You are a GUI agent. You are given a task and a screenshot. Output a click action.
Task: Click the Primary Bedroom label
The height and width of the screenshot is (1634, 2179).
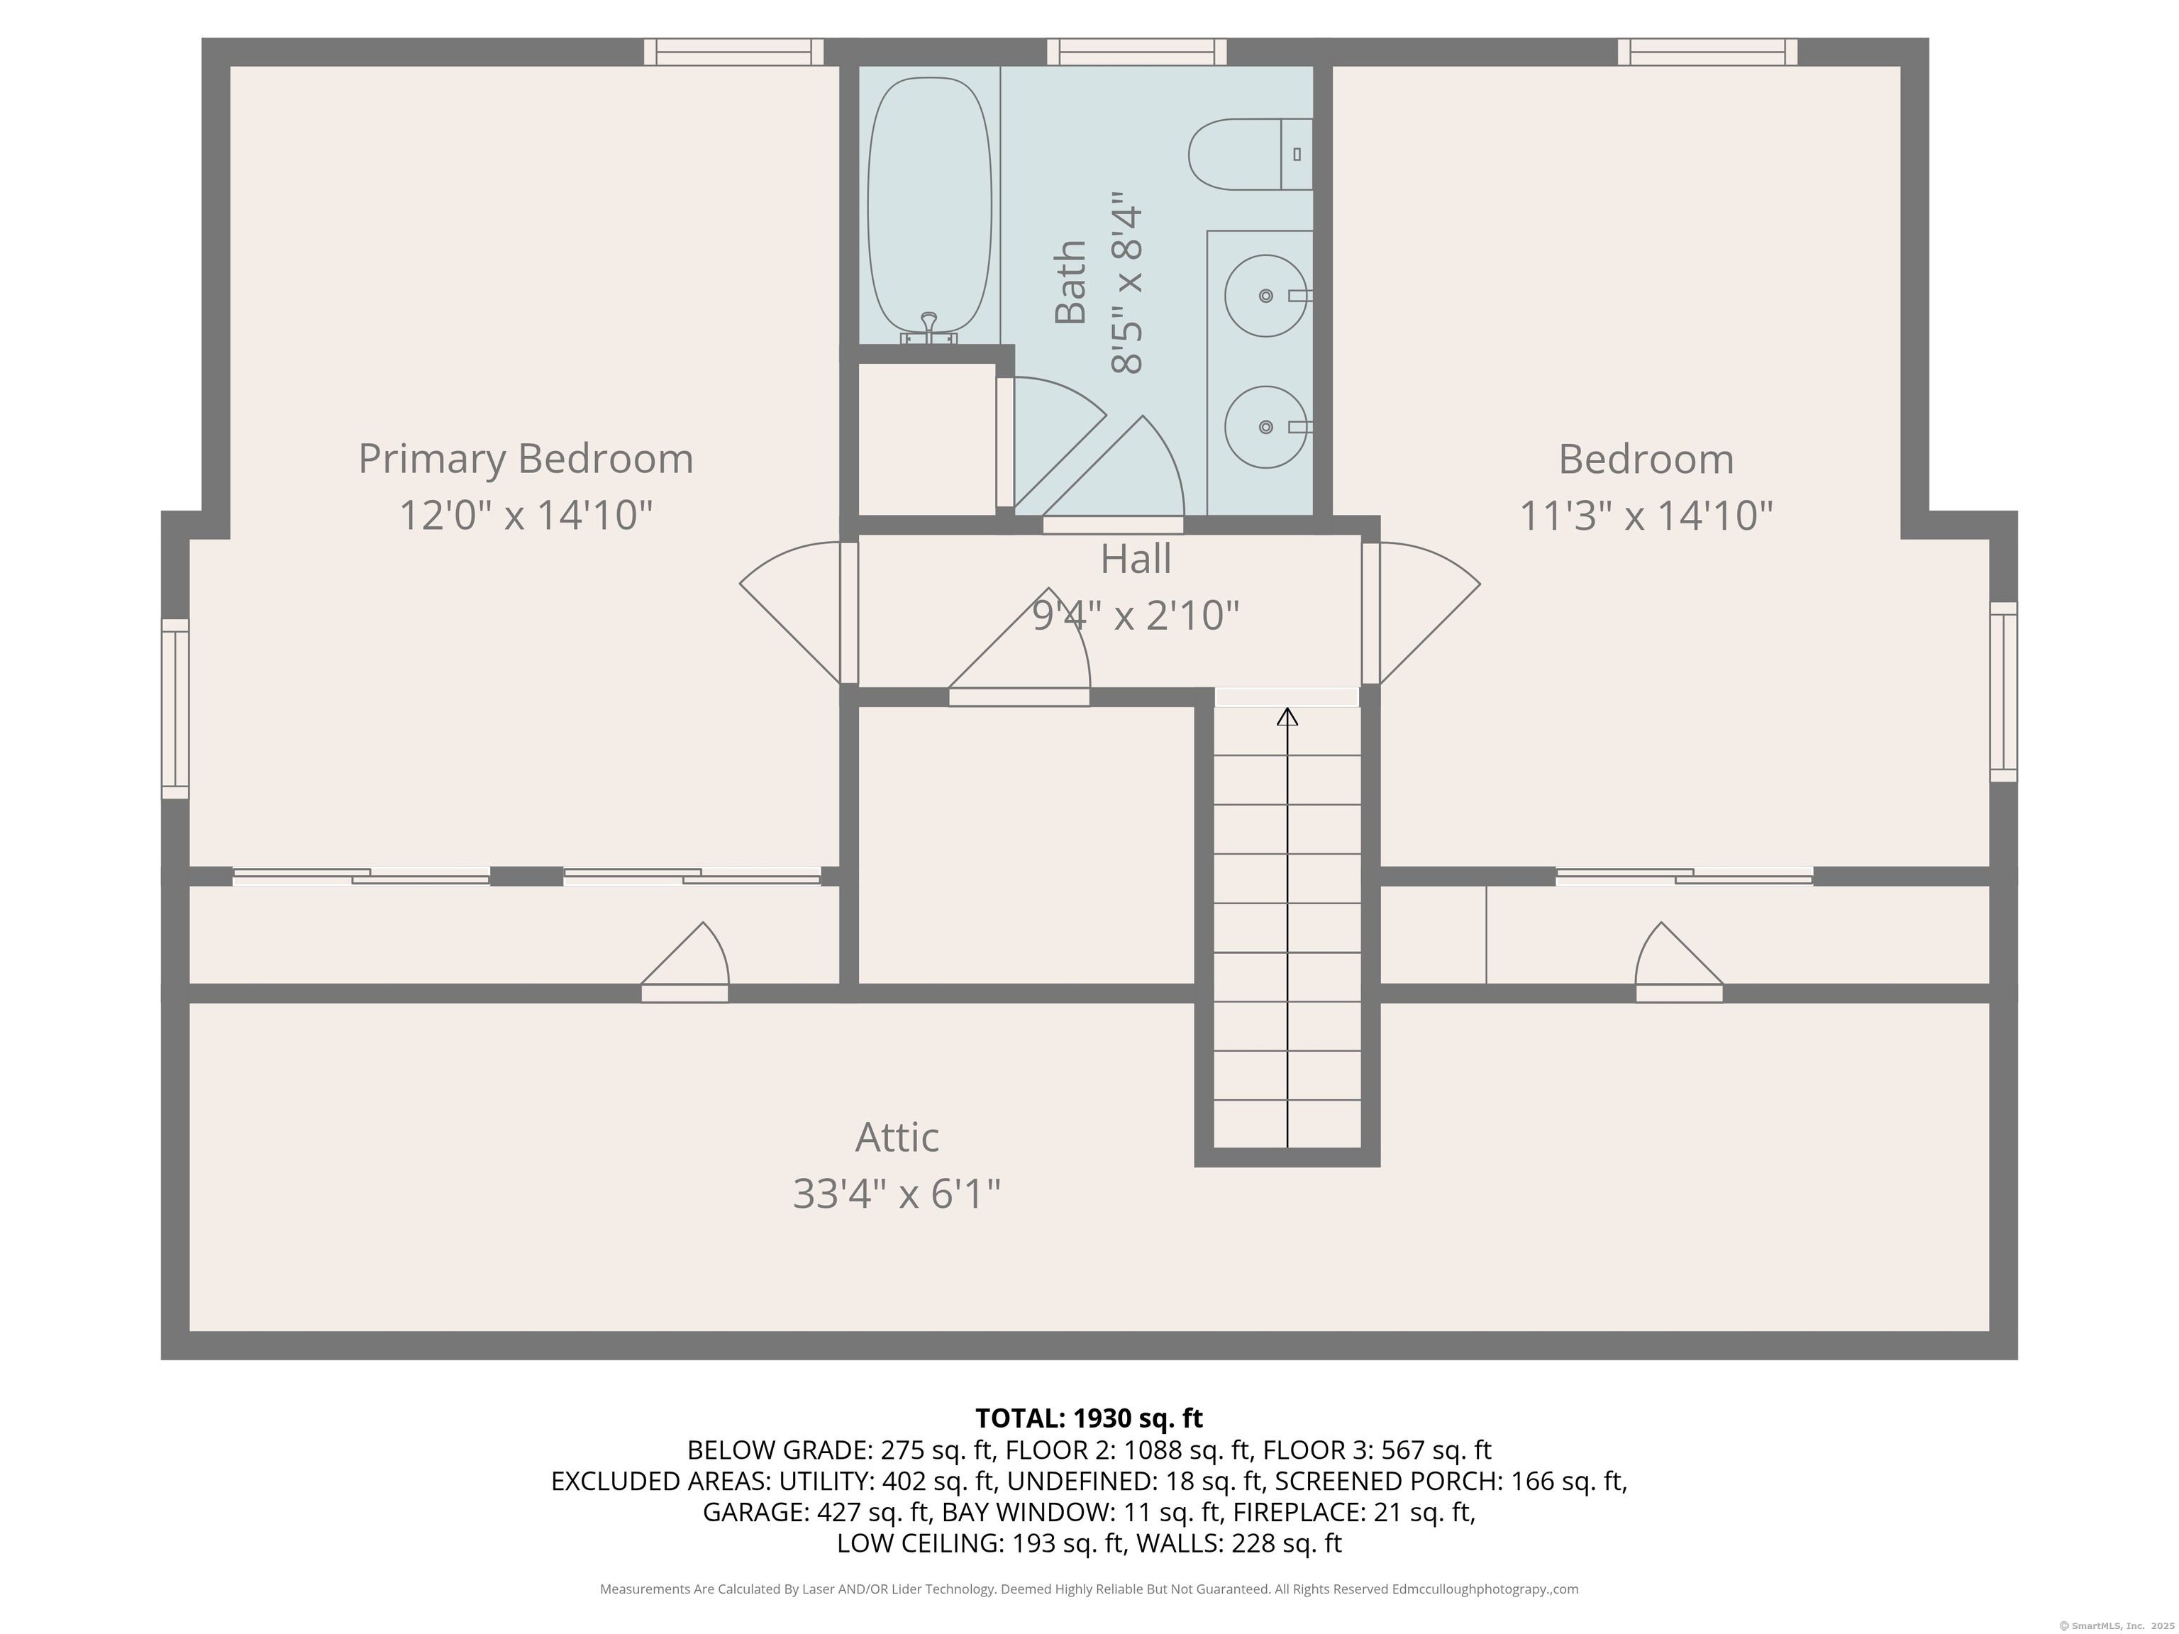[525, 459]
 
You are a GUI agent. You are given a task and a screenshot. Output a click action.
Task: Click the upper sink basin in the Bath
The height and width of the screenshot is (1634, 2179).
[1265, 296]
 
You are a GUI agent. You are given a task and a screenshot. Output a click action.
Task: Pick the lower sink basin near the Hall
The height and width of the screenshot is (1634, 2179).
[1265, 426]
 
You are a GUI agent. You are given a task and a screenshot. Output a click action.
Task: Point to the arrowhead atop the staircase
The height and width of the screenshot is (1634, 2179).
[1287, 717]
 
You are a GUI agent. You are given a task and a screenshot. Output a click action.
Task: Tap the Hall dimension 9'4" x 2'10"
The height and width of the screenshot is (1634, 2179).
[1135, 616]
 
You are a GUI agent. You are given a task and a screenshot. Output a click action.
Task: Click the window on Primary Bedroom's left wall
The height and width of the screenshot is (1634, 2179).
[175, 708]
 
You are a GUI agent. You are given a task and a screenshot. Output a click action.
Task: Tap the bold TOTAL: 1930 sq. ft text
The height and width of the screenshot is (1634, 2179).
[1089, 1418]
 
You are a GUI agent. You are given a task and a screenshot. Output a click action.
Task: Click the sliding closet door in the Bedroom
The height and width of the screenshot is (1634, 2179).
[1683, 876]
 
